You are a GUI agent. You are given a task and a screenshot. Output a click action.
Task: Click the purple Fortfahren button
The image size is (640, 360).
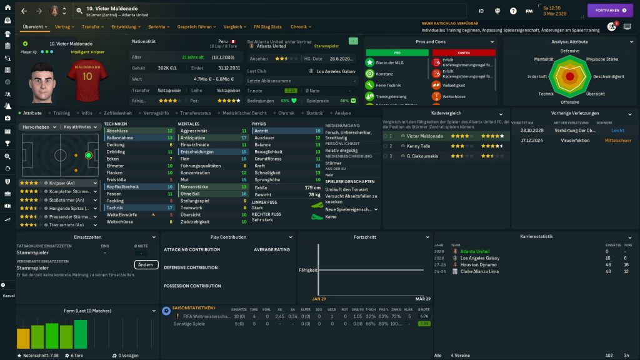click(610, 11)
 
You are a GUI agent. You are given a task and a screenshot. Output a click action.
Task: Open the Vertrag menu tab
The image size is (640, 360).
click(64, 27)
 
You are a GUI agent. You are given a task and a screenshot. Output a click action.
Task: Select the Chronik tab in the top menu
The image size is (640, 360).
click(301, 27)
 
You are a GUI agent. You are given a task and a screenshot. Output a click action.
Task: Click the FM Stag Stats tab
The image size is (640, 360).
click(267, 27)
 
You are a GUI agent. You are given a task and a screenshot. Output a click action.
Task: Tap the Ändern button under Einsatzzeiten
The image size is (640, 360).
click(146, 264)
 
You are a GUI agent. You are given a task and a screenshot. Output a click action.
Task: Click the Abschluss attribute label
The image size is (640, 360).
click(117, 131)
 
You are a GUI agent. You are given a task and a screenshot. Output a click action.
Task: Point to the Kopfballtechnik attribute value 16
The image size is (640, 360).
click(170, 186)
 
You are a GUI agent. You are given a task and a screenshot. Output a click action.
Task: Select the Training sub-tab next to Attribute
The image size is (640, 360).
click(61, 113)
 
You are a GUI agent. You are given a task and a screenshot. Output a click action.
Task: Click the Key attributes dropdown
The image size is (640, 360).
click(82, 126)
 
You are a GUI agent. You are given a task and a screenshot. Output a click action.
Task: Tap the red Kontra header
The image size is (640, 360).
click(464, 52)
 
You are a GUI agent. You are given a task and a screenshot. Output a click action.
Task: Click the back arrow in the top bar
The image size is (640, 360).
click(24, 11)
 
